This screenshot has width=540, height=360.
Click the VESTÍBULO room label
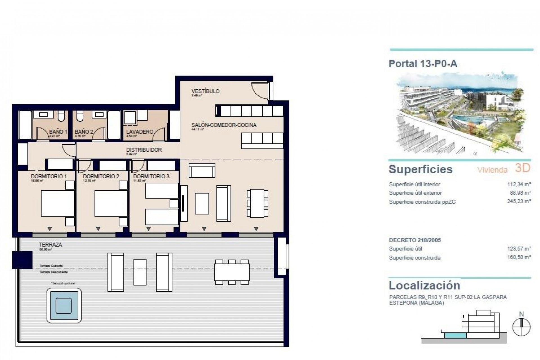[x=205, y=91]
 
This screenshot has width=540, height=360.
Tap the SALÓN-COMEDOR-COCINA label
[x=224, y=125]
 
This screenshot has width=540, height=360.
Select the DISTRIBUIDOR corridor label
[x=144, y=150]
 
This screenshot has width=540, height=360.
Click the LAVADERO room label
[x=139, y=132]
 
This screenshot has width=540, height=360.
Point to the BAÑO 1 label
[x=58, y=132]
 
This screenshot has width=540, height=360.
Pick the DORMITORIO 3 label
[x=151, y=176]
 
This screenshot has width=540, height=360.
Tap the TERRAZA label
[x=51, y=245]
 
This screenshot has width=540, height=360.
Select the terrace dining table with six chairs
[x=232, y=272]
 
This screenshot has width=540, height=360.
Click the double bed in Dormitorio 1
[x=58, y=203]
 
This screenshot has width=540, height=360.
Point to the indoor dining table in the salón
[x=257, y=203]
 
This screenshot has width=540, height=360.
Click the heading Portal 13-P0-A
[x=423, y=64]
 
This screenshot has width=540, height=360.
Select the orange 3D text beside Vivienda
[x=523, y=168]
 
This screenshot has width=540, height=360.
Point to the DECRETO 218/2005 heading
[x=415, y=240]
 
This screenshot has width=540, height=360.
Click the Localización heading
[x=424, y=285]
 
